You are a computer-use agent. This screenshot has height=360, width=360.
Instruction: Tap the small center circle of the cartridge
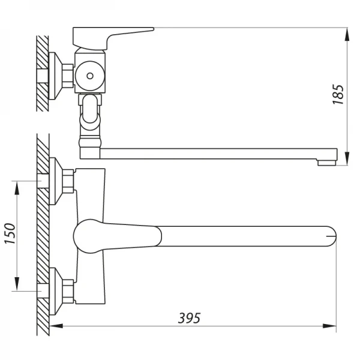[x=91, y=76]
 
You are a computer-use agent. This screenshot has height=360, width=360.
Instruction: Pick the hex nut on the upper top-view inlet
[x=68, y=180]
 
